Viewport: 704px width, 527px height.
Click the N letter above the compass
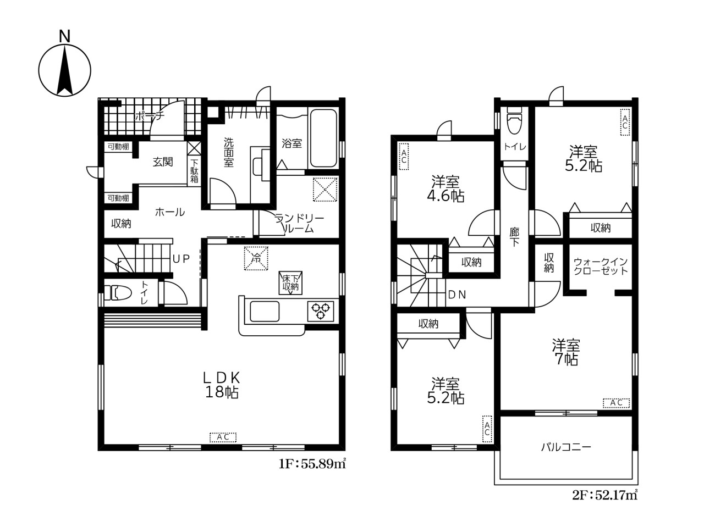tap(65, 36)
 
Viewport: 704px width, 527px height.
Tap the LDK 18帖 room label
tap(222, 385)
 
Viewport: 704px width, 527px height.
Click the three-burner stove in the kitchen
tap(321, 310)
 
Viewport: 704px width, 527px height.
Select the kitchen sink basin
tap(265, 311)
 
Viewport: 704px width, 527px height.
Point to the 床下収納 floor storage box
tap(290, 283)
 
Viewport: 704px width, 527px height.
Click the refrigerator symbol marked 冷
tap(256, 258)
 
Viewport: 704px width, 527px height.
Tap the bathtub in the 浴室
tap(323, 138)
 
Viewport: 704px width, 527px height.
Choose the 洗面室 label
tap(228, 152)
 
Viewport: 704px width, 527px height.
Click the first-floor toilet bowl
tap(118, 293)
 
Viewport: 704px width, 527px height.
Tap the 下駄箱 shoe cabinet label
tap(194, 171)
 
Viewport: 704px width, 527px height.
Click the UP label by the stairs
tap(181, 258)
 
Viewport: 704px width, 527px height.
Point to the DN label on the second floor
tap(457, 295)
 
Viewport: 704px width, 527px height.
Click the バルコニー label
tap(566, 447)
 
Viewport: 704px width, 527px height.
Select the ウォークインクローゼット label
tap(601, 266)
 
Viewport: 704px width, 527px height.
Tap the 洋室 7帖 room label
tap(566, 352)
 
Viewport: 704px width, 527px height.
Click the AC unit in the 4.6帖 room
tap(404, 156)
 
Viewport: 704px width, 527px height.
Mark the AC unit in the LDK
tap(223, 437)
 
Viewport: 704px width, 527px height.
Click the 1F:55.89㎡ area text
tap(312, 464)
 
